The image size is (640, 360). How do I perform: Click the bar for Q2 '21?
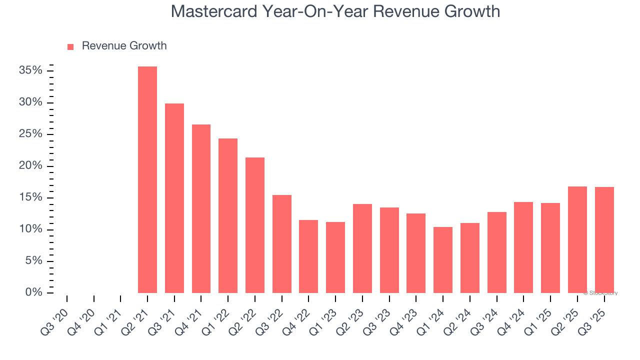[147, 179]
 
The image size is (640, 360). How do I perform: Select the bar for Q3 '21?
[174, 198]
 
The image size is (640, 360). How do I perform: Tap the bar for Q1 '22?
[228, 215]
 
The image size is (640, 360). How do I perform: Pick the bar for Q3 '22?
[282, 243]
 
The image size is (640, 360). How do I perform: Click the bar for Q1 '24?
[443, 259]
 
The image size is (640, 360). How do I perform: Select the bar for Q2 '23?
[362, 248]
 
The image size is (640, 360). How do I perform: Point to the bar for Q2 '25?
[577, 239]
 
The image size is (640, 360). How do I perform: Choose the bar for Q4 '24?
[523, 247]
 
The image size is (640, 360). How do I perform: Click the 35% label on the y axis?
[30, 70]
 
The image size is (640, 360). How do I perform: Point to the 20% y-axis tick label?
[30, 165]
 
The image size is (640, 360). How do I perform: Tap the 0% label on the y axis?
[33, 292]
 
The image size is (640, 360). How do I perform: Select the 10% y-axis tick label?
[30, 229]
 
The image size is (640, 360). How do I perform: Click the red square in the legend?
[70, 46]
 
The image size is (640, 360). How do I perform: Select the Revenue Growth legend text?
[124, 46]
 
